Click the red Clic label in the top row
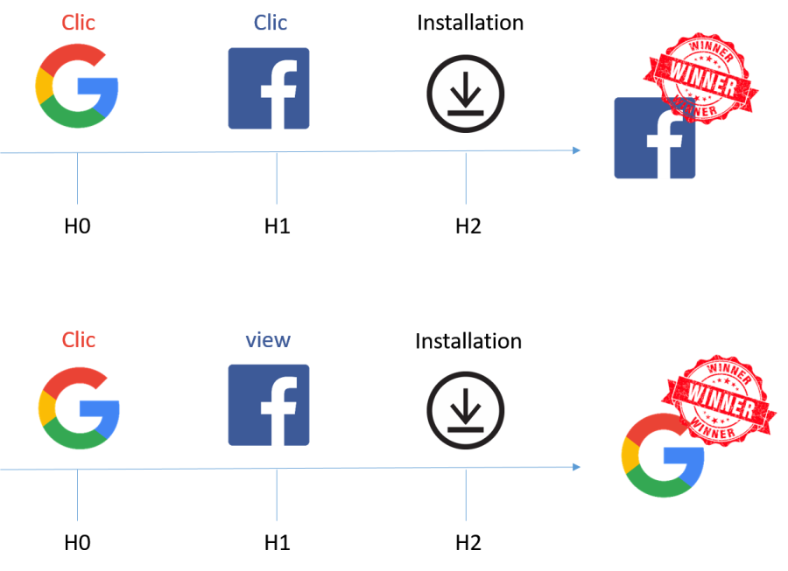[x=79, y=23]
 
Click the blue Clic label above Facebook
[x=270, y=23]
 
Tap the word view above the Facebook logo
[x=268, y=339]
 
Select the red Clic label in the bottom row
[x=79, y=339]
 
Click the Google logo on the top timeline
[x=77, y=87]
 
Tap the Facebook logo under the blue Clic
[x=269, y=88]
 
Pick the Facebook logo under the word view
[x=269, y=405]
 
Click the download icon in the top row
[x=466, y=94]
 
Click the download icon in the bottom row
[x=466, y=410]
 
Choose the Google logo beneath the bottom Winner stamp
[x=663, y=456]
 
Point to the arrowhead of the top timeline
[x=577, y=150]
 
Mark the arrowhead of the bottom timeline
[x=577, y=467]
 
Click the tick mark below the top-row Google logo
[x=77, y=179]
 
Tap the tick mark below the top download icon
[x=465, y=179]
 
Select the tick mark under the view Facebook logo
[x=277, y=496]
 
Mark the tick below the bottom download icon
[x=465, y=496]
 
